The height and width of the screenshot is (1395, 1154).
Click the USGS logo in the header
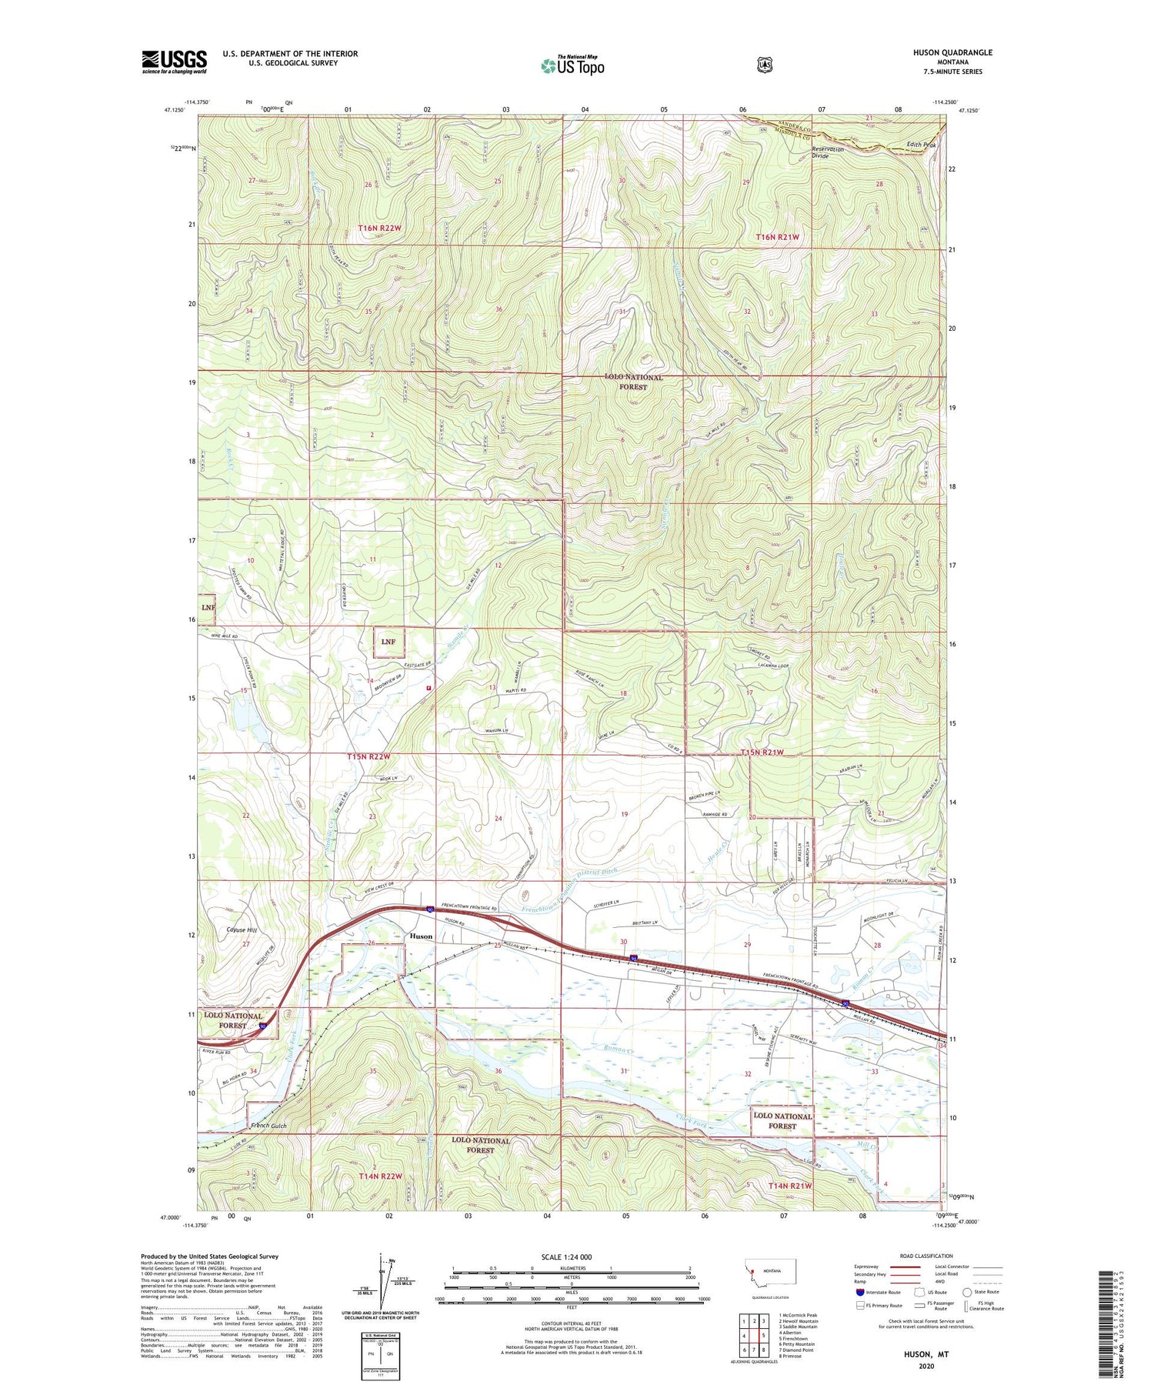[x=174, y=62]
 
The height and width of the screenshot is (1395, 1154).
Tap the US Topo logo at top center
[x=572, y=65]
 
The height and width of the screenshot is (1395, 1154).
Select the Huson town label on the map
[x=421, y=936]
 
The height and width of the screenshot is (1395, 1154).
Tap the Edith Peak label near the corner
[x=921, y=145]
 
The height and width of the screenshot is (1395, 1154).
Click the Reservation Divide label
[x=828, y=152]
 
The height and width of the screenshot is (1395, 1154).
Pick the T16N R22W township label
[x=380, y=229]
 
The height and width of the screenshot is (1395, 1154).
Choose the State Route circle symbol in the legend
[x=967, y=1292]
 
